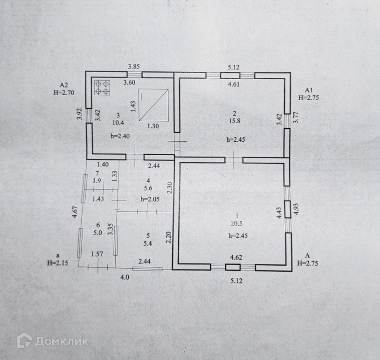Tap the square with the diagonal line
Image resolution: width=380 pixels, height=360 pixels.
tap(153, 105)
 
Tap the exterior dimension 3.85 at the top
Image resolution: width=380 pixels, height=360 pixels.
tap(133, 67)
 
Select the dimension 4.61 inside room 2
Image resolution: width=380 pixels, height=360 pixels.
tap(234, 84)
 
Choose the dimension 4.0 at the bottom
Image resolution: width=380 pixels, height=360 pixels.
tap(125, 277)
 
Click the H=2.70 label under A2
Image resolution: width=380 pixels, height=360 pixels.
tap(64, 92)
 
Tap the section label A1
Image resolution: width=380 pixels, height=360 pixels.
tap(309, 90)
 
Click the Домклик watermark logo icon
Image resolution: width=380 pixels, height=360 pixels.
tap(24, 341)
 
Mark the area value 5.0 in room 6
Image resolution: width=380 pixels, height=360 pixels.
tap(98, 232)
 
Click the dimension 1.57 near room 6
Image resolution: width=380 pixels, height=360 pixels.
tap(98, 254)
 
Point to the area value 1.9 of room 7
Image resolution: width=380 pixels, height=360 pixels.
tap(97, 181)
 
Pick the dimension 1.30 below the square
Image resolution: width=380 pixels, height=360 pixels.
tap(153, 126)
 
